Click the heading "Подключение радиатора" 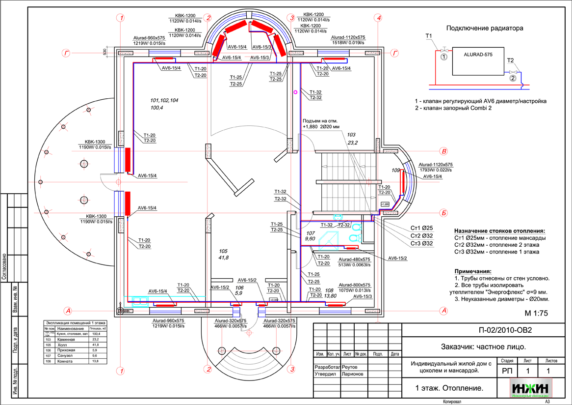[x=484, y=28]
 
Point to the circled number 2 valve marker [x=513, y=78]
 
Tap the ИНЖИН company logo [x=531, y=387]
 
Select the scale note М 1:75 [x=536, y=313]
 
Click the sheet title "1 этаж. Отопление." [x=449, y=388]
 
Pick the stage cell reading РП [x=507, y=371]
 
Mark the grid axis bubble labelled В [x=443, y=151]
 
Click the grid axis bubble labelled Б [x=443, y=213]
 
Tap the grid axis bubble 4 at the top [x=377, y=18]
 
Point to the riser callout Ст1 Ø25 [x=421, y=228]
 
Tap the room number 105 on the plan [x=224, y=251]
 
